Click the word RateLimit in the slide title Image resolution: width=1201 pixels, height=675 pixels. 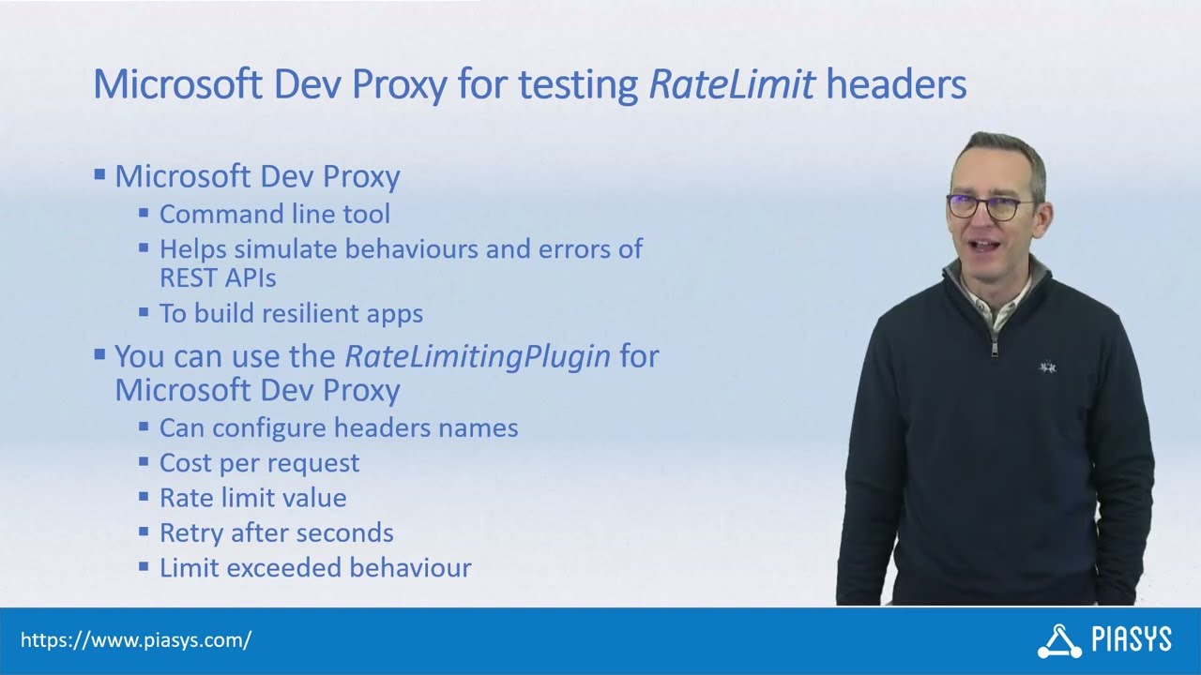(x=732, y=85)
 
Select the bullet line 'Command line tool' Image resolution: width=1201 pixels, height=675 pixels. (x=274, y=214)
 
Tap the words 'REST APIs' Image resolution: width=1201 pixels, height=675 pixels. (x=218, y=277)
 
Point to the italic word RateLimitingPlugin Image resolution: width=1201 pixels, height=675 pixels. (x=478, y=356)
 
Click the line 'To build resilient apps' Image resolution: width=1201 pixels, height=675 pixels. (x=291, y=313)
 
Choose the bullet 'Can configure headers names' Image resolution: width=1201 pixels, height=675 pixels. (x=338, y=427)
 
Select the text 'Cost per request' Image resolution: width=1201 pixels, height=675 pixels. (x=259, y=462)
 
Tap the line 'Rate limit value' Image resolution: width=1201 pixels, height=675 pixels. (x=252, y=497)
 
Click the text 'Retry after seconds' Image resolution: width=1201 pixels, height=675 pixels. (x=276, y=532)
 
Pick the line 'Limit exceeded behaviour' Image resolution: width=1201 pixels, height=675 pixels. (x=314, y=567)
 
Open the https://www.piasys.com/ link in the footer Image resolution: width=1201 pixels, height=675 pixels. (x=136, y=640)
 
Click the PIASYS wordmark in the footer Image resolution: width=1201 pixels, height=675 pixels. (x=1132, y=640)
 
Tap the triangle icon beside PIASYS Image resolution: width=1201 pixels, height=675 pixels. (x=1059, y=641)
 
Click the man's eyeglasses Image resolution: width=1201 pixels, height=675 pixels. (x=987, y=206)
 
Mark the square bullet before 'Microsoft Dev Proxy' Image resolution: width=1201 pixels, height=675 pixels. (x=99, y=174)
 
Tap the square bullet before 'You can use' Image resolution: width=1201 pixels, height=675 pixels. (x=99, y=354)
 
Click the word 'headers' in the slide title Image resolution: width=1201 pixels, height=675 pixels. (x=896, y=85)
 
